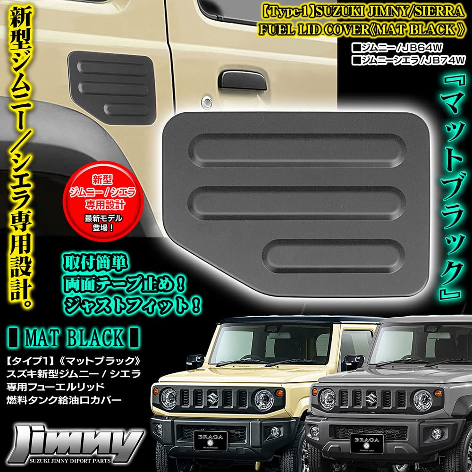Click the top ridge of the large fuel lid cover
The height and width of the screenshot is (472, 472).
tap(297, 146)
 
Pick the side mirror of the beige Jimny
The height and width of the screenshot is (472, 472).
tap(195, 361)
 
